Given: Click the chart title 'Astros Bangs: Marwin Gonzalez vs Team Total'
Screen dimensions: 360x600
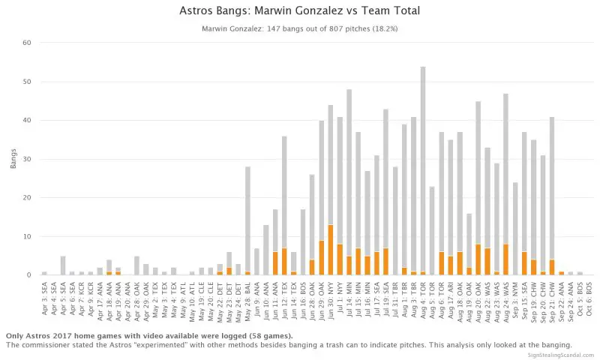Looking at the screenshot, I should tap(300, 11).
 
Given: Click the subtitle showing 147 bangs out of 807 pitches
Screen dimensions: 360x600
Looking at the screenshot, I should tap(300, 29).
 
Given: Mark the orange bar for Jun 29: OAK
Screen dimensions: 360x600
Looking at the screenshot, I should tap(322, 257).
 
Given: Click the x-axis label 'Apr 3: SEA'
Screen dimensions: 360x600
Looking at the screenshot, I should tap(45, 300).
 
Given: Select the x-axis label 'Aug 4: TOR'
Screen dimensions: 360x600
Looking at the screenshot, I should tap(423, 300).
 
